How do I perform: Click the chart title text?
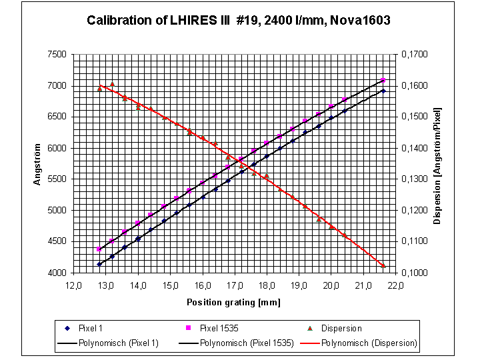coord(239,21)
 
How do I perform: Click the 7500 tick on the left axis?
coord(58,55)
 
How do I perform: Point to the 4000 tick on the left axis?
coord(58,273)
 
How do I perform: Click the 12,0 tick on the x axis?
coord(74,285)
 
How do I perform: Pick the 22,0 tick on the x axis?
coord(396,285)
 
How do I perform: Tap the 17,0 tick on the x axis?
coord(235,285)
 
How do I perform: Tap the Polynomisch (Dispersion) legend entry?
coord(369,343)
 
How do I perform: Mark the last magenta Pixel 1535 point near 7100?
coord(383,81)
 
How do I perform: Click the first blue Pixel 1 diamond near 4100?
coord(99,265)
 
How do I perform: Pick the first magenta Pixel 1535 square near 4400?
coord(99,249)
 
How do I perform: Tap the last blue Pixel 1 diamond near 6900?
coord(383,91)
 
